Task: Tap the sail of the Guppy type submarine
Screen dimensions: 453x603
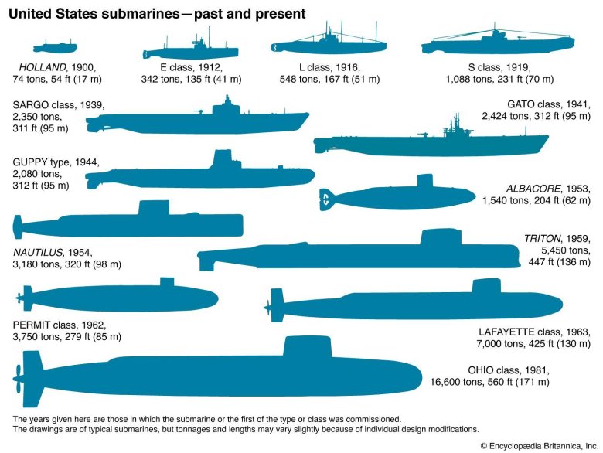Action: (x=224, y=160)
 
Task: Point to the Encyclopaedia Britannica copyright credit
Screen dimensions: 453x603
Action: (x=537, y=445)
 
